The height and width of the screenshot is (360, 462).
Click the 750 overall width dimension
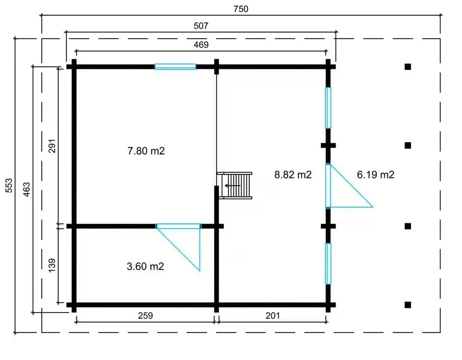(x=241, y=9)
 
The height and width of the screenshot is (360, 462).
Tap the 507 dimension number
(x=201, y=26)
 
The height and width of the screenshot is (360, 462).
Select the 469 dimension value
(x=201, y=45)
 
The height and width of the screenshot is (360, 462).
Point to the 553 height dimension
(x=9, y=185)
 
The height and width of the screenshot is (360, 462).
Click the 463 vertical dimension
(x=27, y=190)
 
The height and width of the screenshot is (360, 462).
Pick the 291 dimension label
(x=52, y=146)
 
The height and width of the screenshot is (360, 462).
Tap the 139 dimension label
(x=52, y=266)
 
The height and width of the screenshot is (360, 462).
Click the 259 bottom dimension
(x=145, y=316)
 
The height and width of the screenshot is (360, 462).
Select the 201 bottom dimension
(x=272, y=316)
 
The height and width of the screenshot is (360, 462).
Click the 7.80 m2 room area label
(x=146, y=151)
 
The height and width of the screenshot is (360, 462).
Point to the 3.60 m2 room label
(x=145, y=266)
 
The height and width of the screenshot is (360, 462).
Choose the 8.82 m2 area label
(x=293, y=175)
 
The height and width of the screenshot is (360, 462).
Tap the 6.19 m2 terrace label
(x=376, y=175)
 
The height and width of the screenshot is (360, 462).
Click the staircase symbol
(x=235, y=186)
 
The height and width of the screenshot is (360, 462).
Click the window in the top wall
(x=175, y=67)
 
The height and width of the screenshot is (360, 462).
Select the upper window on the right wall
(x=328, y=108)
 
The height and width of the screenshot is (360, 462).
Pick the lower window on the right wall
(x=328, y=264)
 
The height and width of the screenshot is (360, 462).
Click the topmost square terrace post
(x=408, y=67)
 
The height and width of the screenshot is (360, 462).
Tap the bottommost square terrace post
(x=408, y=305)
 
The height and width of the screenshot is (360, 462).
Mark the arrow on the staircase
(x=233, y=186)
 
